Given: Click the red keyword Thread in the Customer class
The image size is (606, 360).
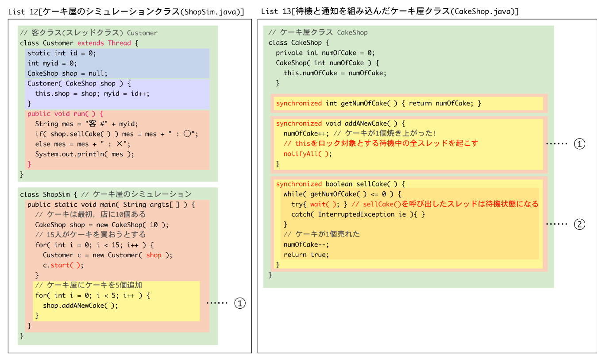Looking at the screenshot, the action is coord(120,43).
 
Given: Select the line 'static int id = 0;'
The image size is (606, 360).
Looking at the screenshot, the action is coord(62,53).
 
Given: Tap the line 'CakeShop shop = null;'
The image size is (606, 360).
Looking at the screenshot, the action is coord(67,74).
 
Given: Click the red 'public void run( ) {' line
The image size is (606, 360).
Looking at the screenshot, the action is coord(65,114).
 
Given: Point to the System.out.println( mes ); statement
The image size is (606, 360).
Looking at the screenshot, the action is coord(85,154).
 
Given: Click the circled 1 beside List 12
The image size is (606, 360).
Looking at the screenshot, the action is coord(240,303).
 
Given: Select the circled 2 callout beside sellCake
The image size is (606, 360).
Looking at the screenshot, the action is coord(579,225).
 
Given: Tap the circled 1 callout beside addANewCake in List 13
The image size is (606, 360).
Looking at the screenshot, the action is coord(579,144).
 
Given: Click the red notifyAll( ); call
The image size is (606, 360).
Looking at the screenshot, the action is coord(308,154).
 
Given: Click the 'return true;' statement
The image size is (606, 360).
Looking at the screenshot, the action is coord(306,255).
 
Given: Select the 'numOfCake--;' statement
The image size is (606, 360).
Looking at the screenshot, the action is coord(306,245).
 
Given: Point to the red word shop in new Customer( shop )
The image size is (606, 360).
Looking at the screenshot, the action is coord(154,255).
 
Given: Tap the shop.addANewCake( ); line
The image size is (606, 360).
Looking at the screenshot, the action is coord(81,306).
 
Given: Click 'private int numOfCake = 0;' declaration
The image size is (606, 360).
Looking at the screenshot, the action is coord(325,53).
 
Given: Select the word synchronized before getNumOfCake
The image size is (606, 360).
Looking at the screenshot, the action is coord(299,104).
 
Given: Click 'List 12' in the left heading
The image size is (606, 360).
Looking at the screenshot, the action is coord(23,12).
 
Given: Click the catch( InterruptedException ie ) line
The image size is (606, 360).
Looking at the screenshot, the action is coord(358,214).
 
